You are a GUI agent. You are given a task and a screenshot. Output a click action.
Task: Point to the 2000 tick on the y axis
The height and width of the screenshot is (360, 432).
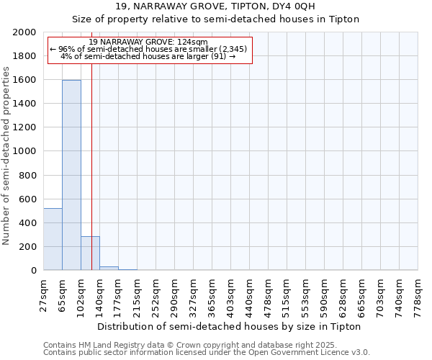tap(25, 32)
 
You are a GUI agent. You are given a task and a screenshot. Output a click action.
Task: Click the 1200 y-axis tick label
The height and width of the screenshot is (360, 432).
tap(25, 127)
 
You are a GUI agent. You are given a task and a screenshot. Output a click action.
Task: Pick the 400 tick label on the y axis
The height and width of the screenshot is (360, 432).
tap(28, 222)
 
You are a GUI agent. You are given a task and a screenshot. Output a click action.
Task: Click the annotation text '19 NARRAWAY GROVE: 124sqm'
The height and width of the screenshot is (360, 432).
tap(150, 42)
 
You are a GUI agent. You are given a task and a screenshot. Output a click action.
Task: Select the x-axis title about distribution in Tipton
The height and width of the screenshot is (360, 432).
tap(229, 326)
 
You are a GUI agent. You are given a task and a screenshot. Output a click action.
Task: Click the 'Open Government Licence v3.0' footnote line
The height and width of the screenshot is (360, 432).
tap(207, 352)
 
